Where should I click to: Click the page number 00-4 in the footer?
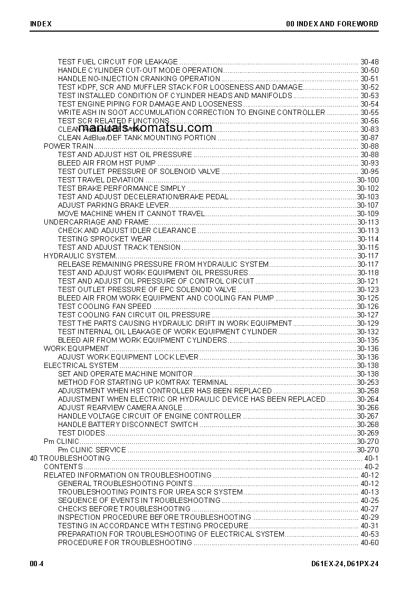pos(36,563)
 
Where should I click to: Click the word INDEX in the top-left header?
pos(41,24)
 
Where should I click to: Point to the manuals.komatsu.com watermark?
pos(145,128)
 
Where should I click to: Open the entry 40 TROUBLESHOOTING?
pos(70,458)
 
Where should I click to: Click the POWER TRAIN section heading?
pos(69,146)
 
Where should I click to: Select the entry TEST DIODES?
pos(81,433)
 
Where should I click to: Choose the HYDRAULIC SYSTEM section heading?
pos(79,256)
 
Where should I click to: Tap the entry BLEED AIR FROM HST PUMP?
pos(107,163)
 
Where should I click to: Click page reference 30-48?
pos(369,62)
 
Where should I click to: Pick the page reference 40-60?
pos(369,542)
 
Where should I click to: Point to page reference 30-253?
pos(368,382)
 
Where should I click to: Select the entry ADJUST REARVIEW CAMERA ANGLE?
pos(120,407)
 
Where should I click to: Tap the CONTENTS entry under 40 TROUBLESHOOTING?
pos(63,467)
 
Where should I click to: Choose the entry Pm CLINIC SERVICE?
pos(92,450)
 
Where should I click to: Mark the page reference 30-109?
pos(368,213)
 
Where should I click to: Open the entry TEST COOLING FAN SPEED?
pos(104,306)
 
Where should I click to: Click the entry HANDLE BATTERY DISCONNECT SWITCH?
pos(128,424)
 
